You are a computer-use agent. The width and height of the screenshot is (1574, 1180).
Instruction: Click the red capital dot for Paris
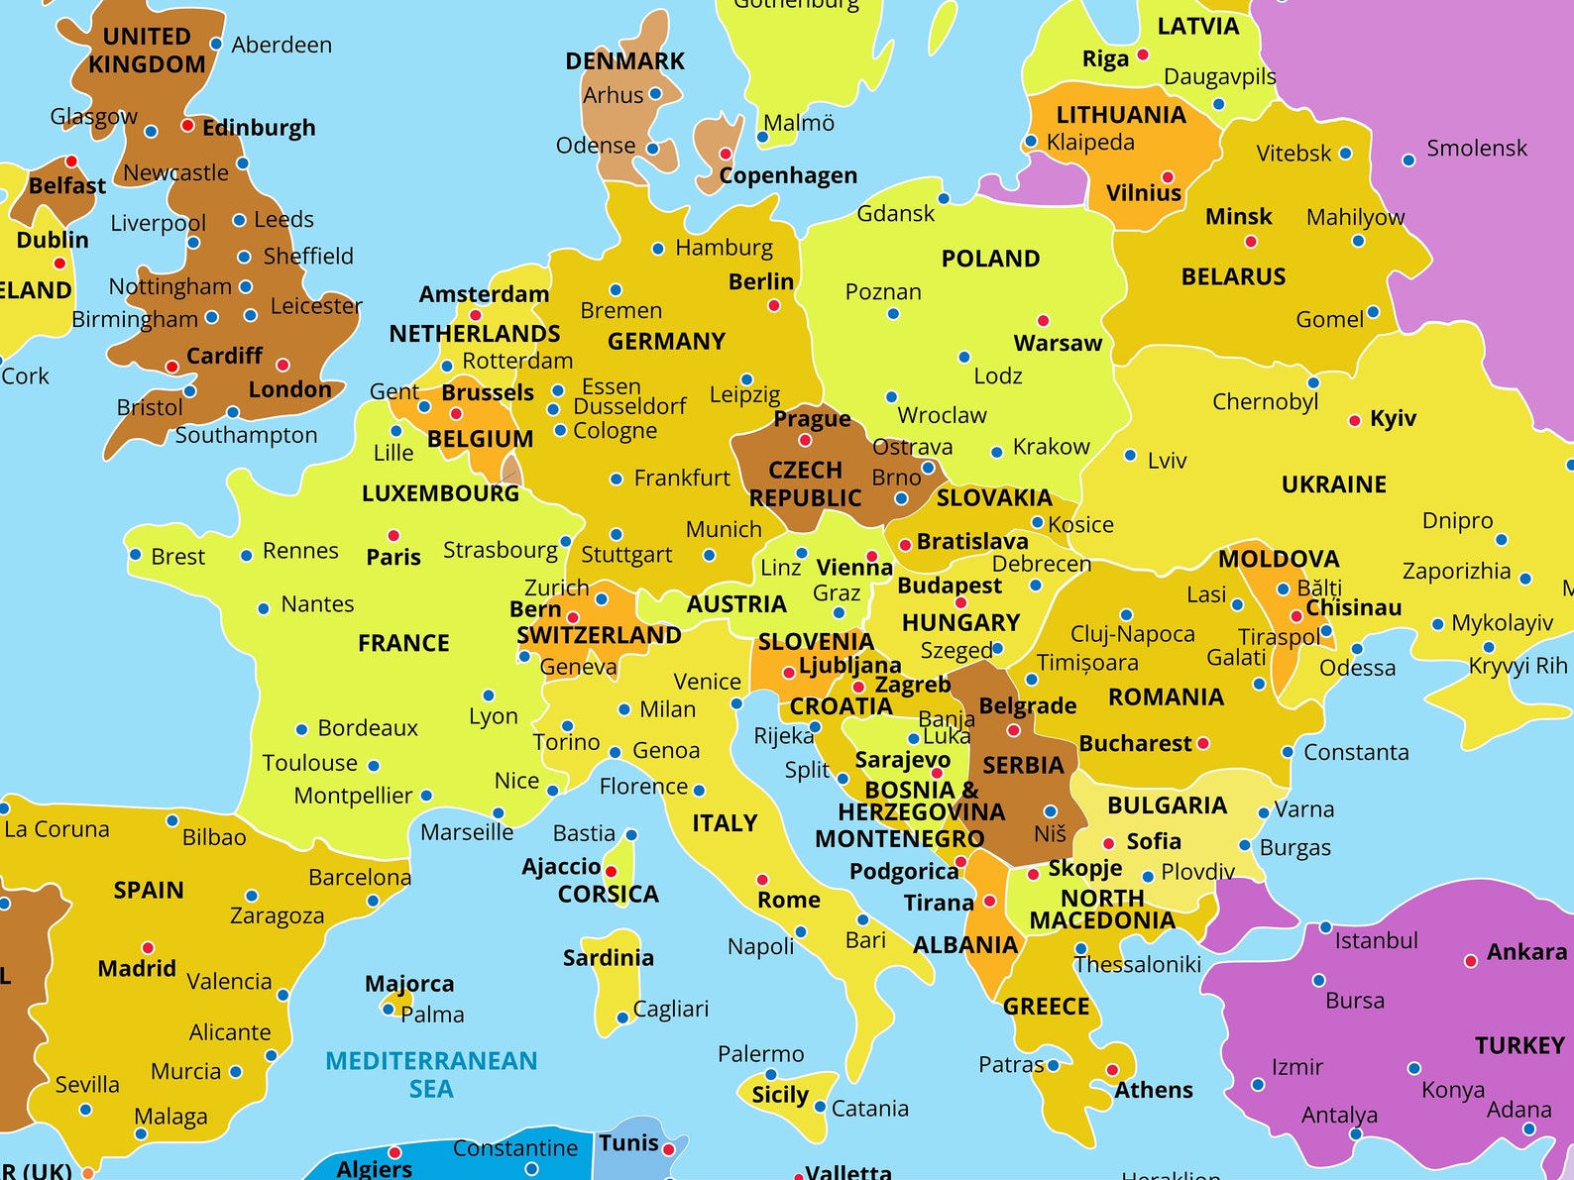393,535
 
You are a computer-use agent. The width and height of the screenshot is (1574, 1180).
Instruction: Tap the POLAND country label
990,259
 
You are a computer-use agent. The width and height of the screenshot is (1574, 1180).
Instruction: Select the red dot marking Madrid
148,948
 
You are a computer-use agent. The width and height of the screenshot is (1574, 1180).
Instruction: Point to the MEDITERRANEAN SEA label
431,1074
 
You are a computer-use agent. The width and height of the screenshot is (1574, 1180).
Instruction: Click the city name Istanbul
1376,940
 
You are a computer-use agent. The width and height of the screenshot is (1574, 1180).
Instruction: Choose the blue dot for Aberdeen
216,45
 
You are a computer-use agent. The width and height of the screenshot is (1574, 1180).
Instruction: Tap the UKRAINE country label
1333,484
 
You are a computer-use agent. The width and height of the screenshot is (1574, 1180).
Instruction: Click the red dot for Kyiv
1354,421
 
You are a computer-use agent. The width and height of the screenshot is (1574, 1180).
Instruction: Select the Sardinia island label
608,958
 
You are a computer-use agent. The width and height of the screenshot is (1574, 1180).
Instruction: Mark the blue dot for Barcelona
373,901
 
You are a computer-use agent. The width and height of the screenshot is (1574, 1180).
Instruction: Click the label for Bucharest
1135,743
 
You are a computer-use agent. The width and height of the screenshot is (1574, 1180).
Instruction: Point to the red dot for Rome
762,880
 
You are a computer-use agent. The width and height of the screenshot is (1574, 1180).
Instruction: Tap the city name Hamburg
724,248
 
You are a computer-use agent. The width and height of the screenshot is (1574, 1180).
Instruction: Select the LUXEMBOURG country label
440,493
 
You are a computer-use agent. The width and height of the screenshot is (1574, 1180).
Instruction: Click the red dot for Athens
1112,1070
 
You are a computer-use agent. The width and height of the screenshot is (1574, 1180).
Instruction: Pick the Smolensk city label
1476,149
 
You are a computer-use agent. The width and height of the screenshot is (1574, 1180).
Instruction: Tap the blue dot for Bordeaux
301,729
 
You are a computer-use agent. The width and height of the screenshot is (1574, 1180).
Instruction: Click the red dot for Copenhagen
726,154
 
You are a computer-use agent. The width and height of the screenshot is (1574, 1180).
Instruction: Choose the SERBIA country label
1023,766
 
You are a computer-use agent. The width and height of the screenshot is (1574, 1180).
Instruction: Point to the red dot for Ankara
1471,961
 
